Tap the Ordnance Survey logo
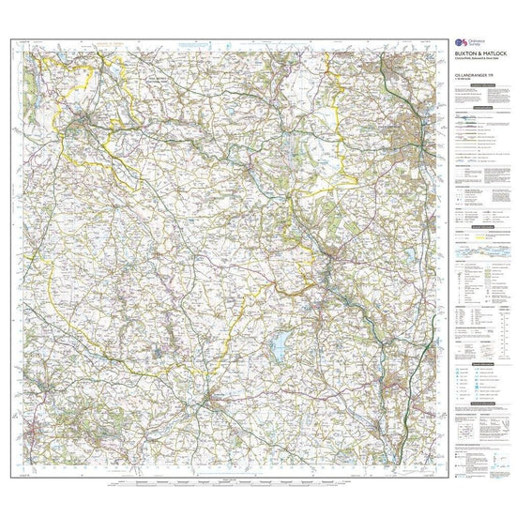click(x=459, y=43)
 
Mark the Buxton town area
click(x=86, y=118)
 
